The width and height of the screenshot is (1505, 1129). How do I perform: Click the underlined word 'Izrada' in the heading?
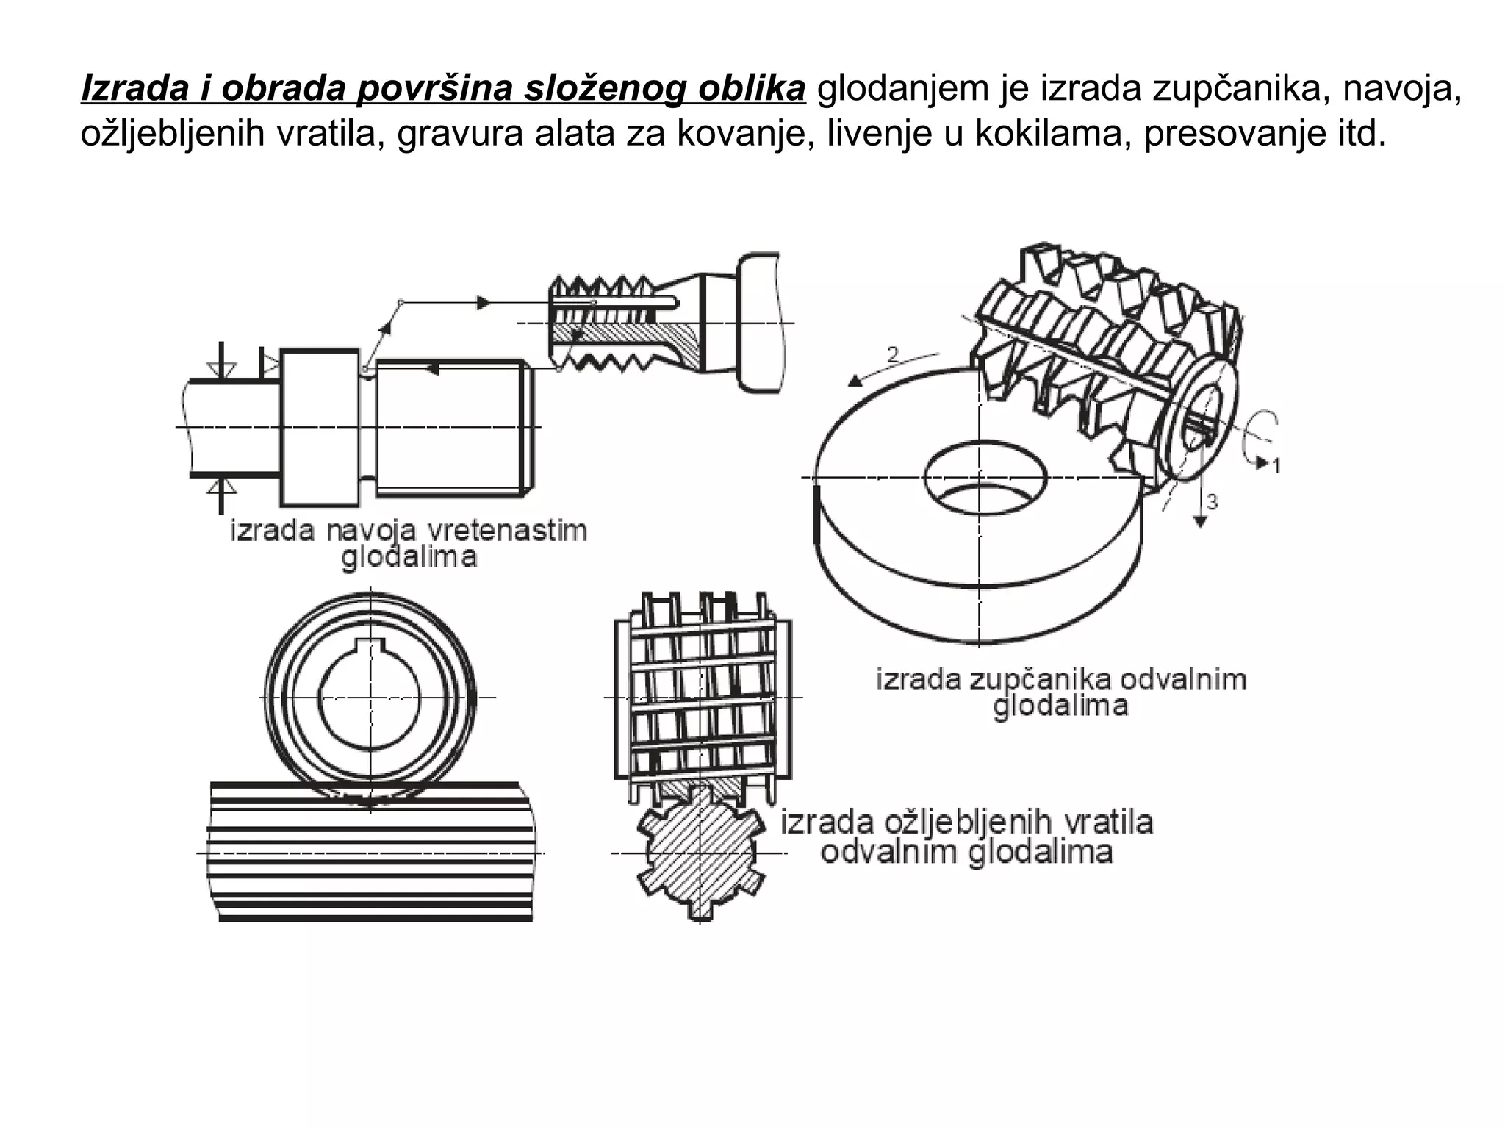coord(132,89)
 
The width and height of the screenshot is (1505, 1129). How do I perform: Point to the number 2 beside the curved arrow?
coord(893,355)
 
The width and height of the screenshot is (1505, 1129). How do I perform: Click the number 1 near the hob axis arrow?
coord(1276,465)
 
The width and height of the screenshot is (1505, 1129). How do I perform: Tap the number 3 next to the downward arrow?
coord(1213,502)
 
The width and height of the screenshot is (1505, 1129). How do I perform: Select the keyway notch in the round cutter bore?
coord(370,648)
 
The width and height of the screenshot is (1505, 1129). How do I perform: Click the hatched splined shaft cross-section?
coord(700,853)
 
